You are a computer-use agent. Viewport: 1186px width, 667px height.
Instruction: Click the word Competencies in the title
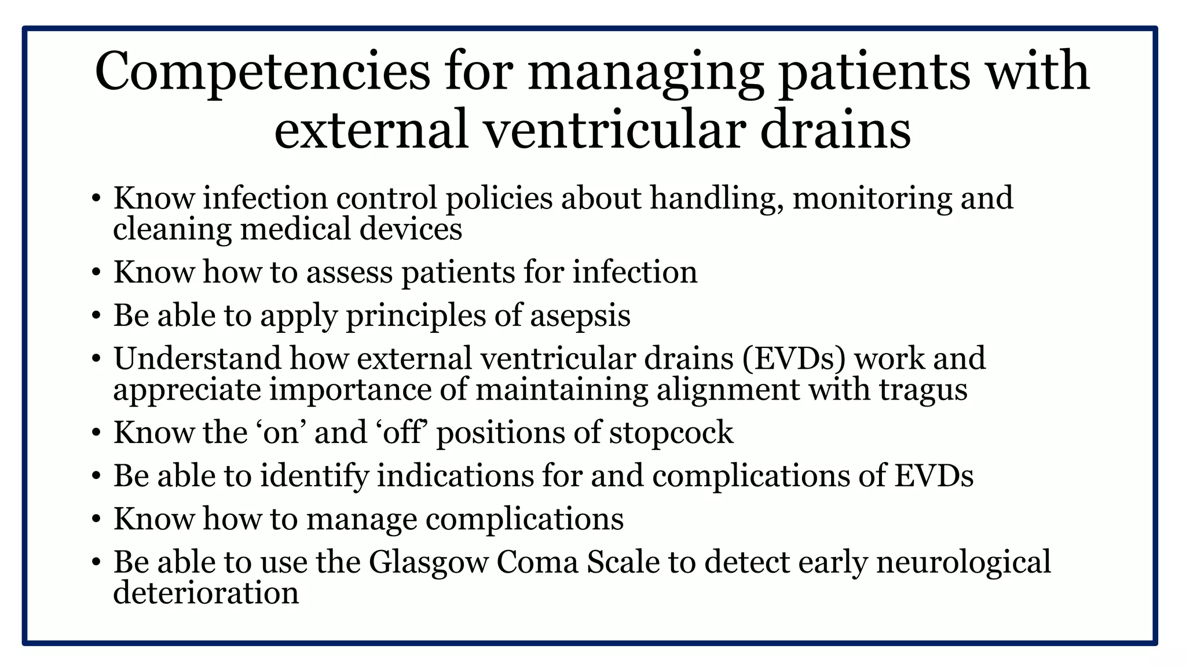[x=262, y=72]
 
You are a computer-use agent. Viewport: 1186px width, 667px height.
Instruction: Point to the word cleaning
[x=172, y=229]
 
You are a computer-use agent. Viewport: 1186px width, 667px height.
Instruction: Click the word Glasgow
[x=429, y=562]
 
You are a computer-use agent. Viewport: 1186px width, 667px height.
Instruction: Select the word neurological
[x=963, y=562]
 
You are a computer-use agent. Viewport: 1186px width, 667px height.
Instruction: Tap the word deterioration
[x=206, y=593]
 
